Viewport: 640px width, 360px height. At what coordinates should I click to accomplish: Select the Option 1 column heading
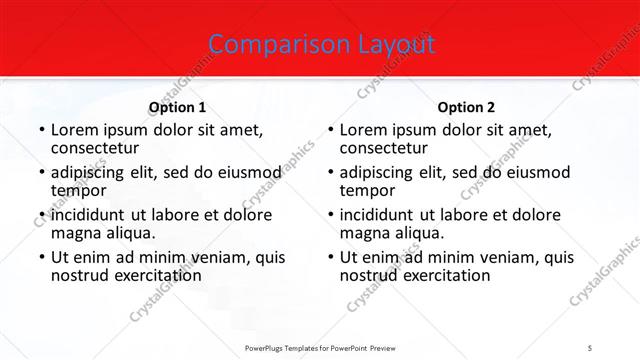tap(177, 107)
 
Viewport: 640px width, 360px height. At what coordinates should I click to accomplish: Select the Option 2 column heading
tap(466, 107)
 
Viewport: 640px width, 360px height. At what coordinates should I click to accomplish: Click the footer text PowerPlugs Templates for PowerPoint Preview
tap(320, 349)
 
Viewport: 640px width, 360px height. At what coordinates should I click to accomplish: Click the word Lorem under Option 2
tap(362, 130)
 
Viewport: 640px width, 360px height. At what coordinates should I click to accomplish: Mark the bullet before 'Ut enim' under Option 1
tap(40, 258)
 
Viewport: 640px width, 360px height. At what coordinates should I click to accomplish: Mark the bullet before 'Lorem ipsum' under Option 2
tap(329, 131)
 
